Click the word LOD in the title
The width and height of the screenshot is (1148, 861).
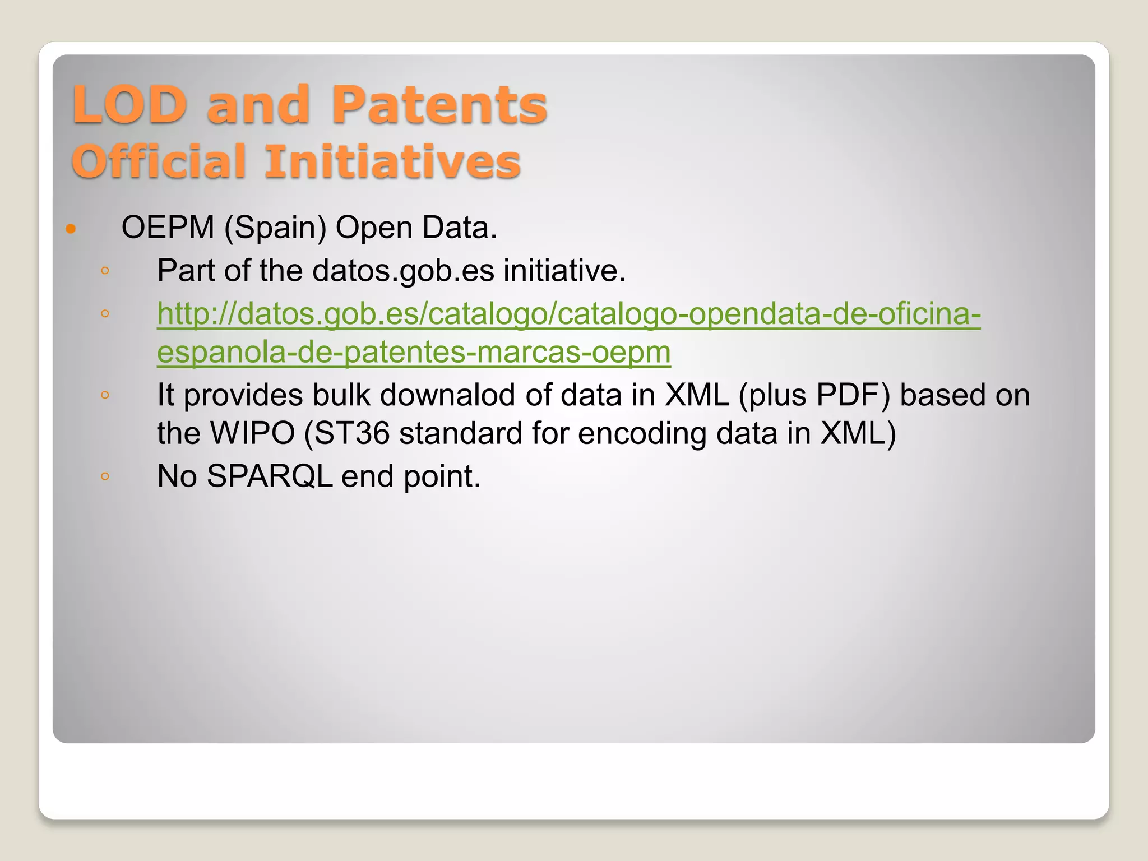[x=129, y=105]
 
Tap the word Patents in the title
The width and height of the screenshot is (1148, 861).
[x=439, y=105]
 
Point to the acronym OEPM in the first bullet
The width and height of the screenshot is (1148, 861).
[x=168, y=228]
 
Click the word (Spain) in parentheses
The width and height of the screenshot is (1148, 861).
[x=275, y=228]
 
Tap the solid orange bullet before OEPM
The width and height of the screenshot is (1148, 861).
[x=71, y=229]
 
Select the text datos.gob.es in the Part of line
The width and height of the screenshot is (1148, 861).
[x=403, y=271]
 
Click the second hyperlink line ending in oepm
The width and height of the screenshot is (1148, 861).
[x=414, y=352]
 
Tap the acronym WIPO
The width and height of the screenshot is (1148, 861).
[x=252, y=433]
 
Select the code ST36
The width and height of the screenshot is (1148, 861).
[x=352, y=433]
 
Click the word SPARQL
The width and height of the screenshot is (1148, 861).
[x=270, y=476]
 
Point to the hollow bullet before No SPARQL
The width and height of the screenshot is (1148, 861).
[x=105, y=477]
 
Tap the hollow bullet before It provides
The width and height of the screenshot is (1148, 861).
[x=105, y=395]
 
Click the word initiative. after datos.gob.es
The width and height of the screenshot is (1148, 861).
[x=564, y=271]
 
